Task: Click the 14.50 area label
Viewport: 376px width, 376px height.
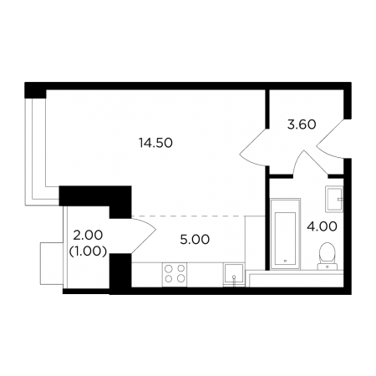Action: tap(155, 143)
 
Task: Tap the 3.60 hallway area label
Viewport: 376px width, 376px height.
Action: tap(302, 124)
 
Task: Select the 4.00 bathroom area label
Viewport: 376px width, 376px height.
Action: tap(322, 226)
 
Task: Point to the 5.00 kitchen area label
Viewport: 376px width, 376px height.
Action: tap(195, 240)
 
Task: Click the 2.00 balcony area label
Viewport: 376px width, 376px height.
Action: tap(88, 236)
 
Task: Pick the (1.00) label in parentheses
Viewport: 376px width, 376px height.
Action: tap(88, 252)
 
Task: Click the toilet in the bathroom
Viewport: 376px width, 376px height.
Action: tap(327, 257)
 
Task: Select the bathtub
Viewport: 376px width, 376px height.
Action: tap(285, 234)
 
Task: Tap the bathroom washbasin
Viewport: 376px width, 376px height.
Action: tap(334, 199)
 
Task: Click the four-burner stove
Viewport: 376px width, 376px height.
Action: tap(175, 274)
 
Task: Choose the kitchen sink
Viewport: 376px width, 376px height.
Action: tap(234, 275)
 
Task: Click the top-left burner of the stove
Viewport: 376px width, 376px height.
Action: tap(169, 268)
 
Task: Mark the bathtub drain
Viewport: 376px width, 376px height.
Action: tap(285, 262)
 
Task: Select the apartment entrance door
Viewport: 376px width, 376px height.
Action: tap(330, 140)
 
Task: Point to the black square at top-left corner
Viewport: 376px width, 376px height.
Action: tap(35, 90)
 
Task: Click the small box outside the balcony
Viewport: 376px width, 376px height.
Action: tap(52, 263)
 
